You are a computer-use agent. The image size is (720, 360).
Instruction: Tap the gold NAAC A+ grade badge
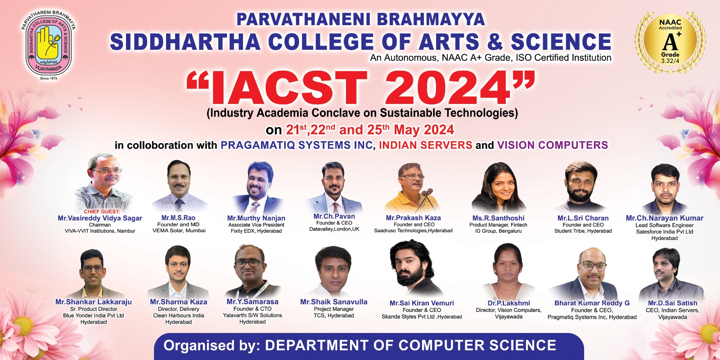pos(670,42)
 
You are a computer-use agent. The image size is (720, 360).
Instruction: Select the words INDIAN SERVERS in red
pos(426,145)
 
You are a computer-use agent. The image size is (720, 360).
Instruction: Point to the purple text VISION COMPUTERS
pos(553,145)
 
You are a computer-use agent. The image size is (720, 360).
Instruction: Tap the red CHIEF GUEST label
pos(102,211)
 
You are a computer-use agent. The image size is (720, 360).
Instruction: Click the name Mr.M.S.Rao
pos(178,218)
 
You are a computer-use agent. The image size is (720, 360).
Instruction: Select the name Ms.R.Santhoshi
pos(499,218)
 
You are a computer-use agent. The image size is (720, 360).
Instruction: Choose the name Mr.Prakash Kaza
pos(414,218)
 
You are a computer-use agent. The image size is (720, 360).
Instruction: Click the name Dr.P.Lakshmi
pos(509,303)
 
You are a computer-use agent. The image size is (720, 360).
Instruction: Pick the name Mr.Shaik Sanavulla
pos(333,302)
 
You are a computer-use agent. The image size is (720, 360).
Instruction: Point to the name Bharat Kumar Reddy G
pos(592,303)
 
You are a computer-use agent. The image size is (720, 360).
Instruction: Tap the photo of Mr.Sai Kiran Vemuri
pos(416,268)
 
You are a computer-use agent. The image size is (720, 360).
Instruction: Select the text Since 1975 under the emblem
pos(49,78)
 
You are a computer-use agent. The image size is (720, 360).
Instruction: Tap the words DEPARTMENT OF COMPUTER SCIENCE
pos(410,345)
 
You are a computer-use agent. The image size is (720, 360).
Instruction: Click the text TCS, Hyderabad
pos(334,315)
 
